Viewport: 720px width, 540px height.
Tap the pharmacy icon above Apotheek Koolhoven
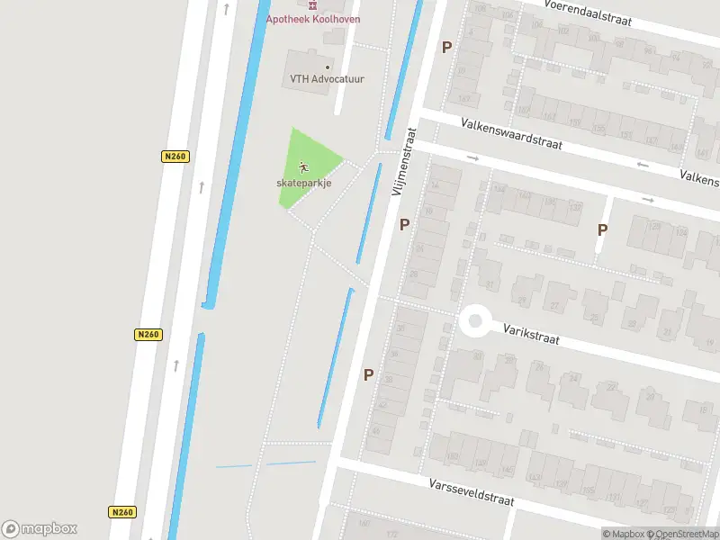312,4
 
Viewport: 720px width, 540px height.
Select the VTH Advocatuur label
327,79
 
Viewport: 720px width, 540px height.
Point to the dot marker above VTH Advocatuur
328,67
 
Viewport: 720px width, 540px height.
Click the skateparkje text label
304,183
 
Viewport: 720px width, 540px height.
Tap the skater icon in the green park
304,166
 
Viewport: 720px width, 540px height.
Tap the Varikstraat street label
531,336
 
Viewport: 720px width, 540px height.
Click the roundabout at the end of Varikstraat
474,320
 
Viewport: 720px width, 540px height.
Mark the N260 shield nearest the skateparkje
175,157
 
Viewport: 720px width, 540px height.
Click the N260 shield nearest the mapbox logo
121,512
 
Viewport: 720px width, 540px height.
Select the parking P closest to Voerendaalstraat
446,47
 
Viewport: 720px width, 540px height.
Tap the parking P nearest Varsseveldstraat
368,374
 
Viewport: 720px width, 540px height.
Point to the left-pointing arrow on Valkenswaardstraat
642,165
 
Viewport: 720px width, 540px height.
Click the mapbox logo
40,528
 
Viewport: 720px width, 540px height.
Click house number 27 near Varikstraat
554,306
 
